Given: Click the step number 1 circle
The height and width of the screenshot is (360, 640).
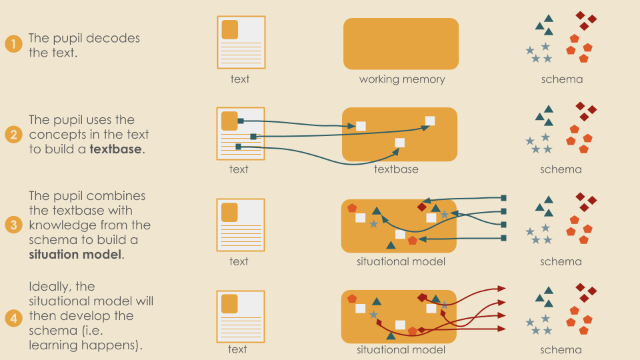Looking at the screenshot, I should [x=13, y=45].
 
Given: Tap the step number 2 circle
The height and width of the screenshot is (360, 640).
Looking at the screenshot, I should [x=13, y=135].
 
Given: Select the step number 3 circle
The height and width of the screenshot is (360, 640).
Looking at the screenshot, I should [x=13, y=225].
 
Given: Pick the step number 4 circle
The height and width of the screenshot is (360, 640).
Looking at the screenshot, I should [x=13, y=317].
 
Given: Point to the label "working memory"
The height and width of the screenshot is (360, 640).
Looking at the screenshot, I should [x=401, y=79].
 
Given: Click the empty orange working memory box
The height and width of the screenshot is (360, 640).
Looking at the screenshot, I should [x=401, y=43].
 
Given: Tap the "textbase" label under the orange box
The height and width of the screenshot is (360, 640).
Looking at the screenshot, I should [x=396, y=169].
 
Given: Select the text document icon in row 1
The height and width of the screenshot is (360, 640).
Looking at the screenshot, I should [x=241, y=42].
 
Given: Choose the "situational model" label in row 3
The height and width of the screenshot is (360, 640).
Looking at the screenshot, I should [x=401, y=261].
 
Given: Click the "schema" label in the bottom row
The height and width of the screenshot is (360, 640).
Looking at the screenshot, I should [x=561, y=350].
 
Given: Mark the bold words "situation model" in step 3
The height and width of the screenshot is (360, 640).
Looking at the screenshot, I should [x=75, y=254].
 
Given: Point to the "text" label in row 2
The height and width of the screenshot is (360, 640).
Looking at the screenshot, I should [x=239, y=169].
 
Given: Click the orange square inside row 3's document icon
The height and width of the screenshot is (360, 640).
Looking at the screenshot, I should [x=229, y=212].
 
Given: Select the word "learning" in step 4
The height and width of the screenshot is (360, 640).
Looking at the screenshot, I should [x=53, y=345].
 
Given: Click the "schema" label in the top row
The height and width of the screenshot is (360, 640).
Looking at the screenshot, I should [x=562, y=79].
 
